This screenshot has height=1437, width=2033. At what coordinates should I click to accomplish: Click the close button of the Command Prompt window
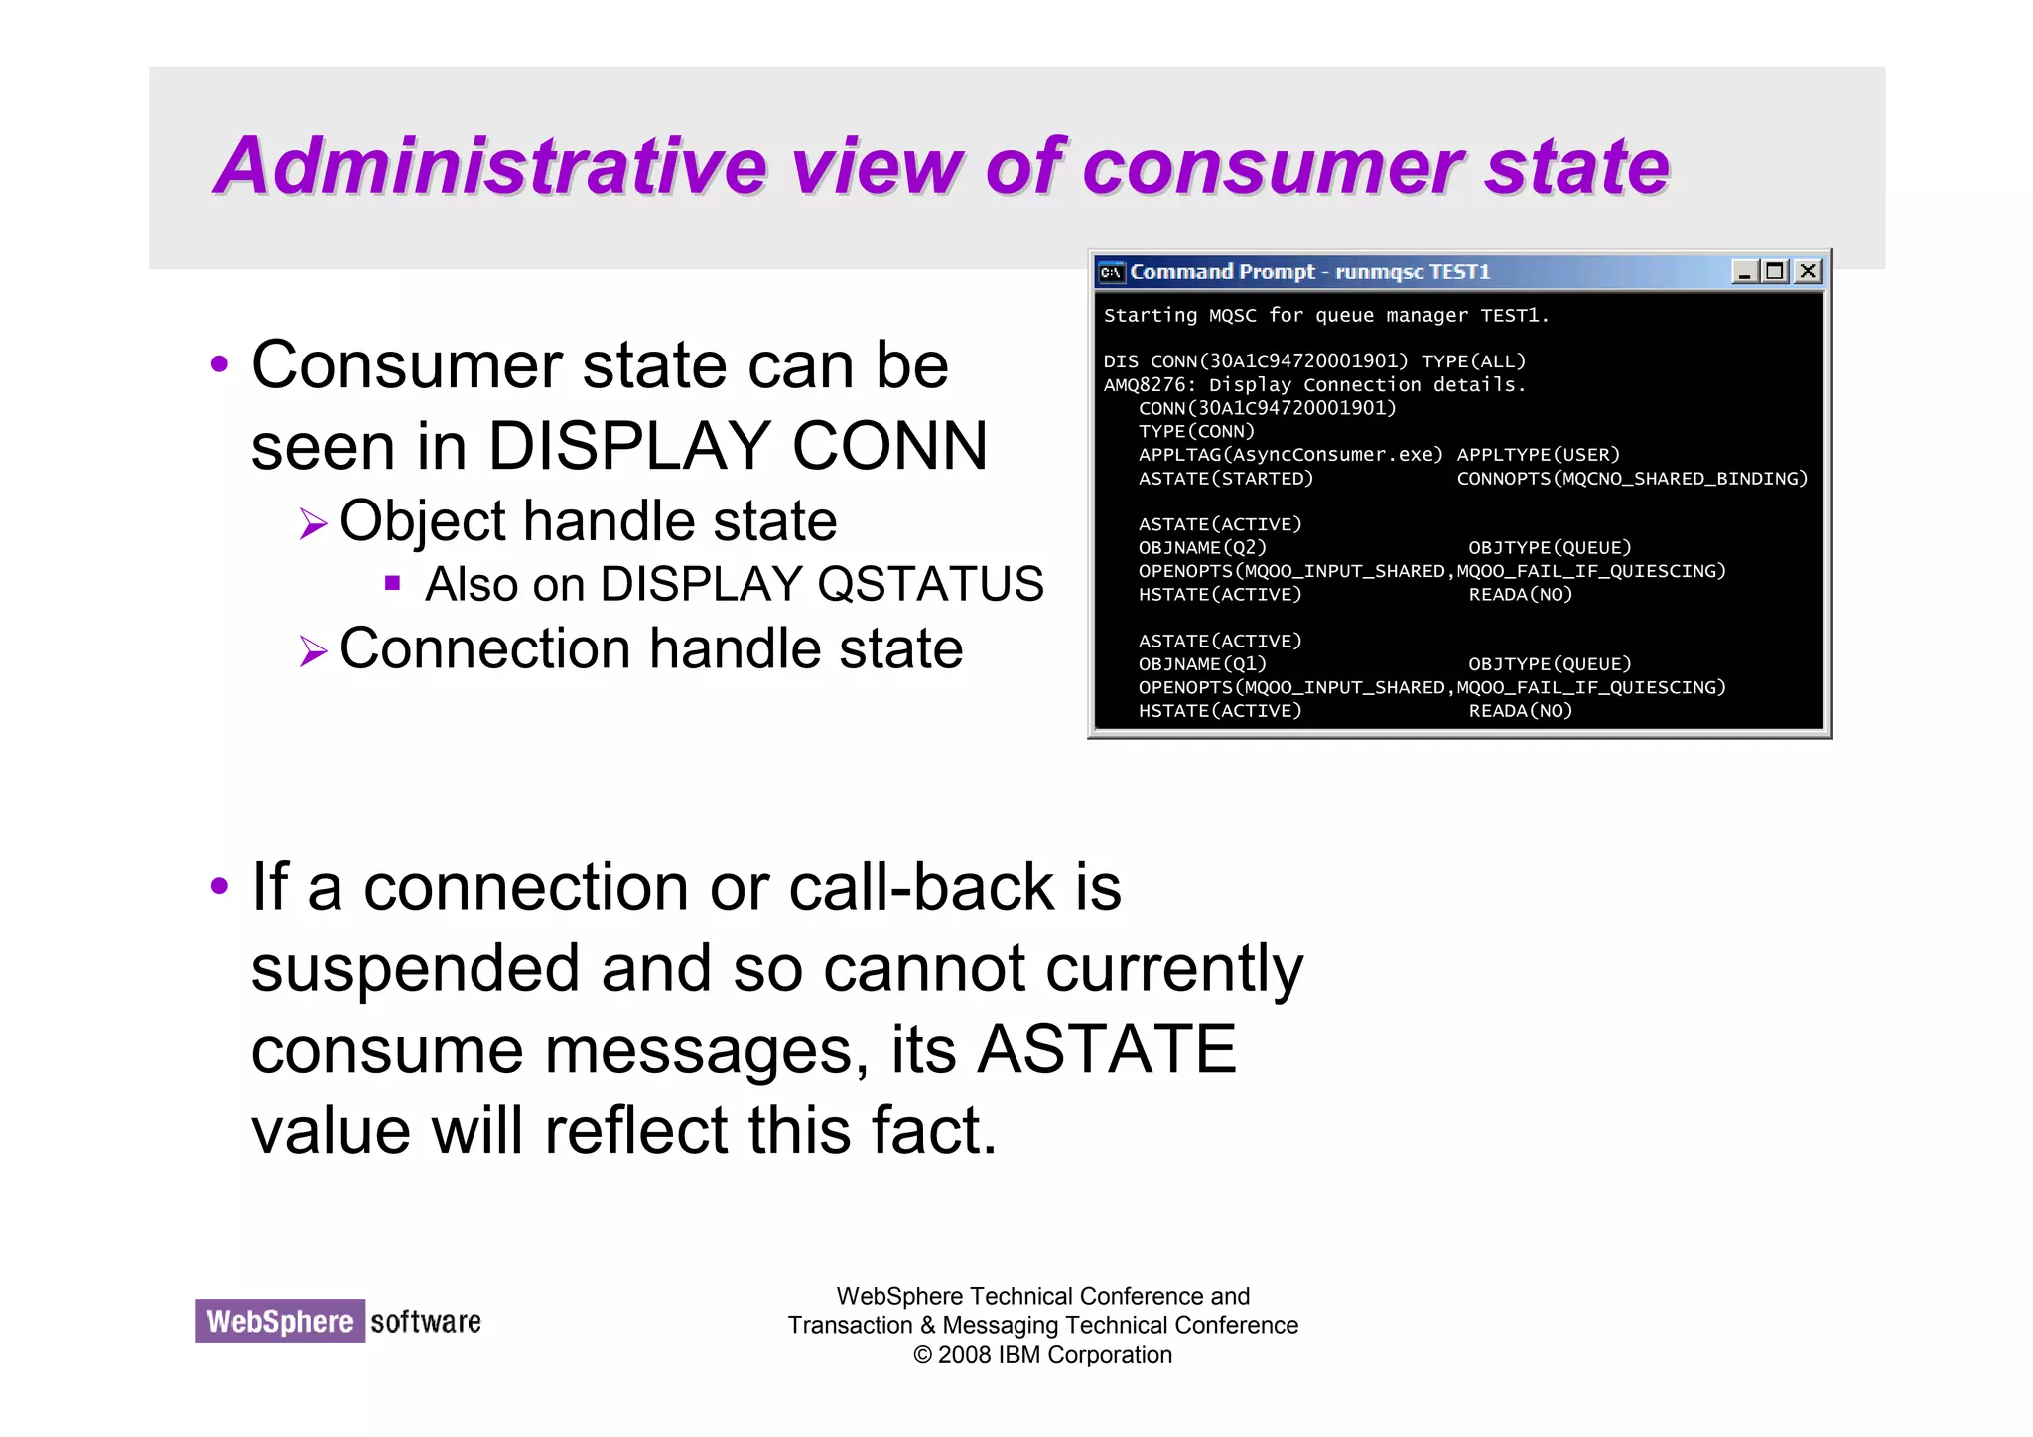pyautogui.click(x=1808, y=271)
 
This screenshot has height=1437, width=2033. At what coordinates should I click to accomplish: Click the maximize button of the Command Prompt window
pyautogui.click(x=1775, y=271)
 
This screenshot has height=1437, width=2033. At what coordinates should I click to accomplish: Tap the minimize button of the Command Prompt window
pyautogui.click(x=1744, y=271)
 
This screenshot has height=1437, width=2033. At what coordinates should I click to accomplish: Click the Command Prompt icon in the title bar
pyautogui.click(x=1111, y=272)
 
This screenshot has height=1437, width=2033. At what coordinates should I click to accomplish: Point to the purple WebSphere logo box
pyautogui.click(x=280, y=1321)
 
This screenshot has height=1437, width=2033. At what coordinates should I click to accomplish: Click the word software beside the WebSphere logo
pyautogui.click(x=426, y=1321)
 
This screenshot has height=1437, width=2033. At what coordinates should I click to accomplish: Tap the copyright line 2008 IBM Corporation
pyautogui.click(x=1042, y=1355)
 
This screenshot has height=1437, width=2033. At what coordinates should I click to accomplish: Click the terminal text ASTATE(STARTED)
pyautogui.click(x=1225, y=479)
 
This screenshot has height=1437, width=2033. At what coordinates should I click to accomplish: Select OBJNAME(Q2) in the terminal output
pyautogui.click(x=1202, y=548)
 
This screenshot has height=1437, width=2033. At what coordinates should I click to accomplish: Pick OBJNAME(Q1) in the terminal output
pyautogui.click(x=1202, y=664)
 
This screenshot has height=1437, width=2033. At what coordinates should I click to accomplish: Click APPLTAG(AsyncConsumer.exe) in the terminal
pyautogui.click(x=1290, y=455)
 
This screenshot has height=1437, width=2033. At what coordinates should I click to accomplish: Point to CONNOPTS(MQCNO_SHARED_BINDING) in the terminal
pyautogui.click(x=1632, y=479)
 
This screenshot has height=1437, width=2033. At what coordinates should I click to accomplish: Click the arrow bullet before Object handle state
pyautogui.click(x=313, y=523)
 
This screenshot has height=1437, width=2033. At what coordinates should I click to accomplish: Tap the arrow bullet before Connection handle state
pyautogui.click(x=313, y=651)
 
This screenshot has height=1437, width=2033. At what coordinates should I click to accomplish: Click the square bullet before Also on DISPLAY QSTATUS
pyautogui.click(x=392, y=583)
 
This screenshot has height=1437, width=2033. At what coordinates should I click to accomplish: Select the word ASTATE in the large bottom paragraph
pyautogui.click(x=1107, y=1049)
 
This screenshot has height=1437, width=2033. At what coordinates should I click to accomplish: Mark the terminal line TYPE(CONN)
pyautogui.click(x=1196, y=432)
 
